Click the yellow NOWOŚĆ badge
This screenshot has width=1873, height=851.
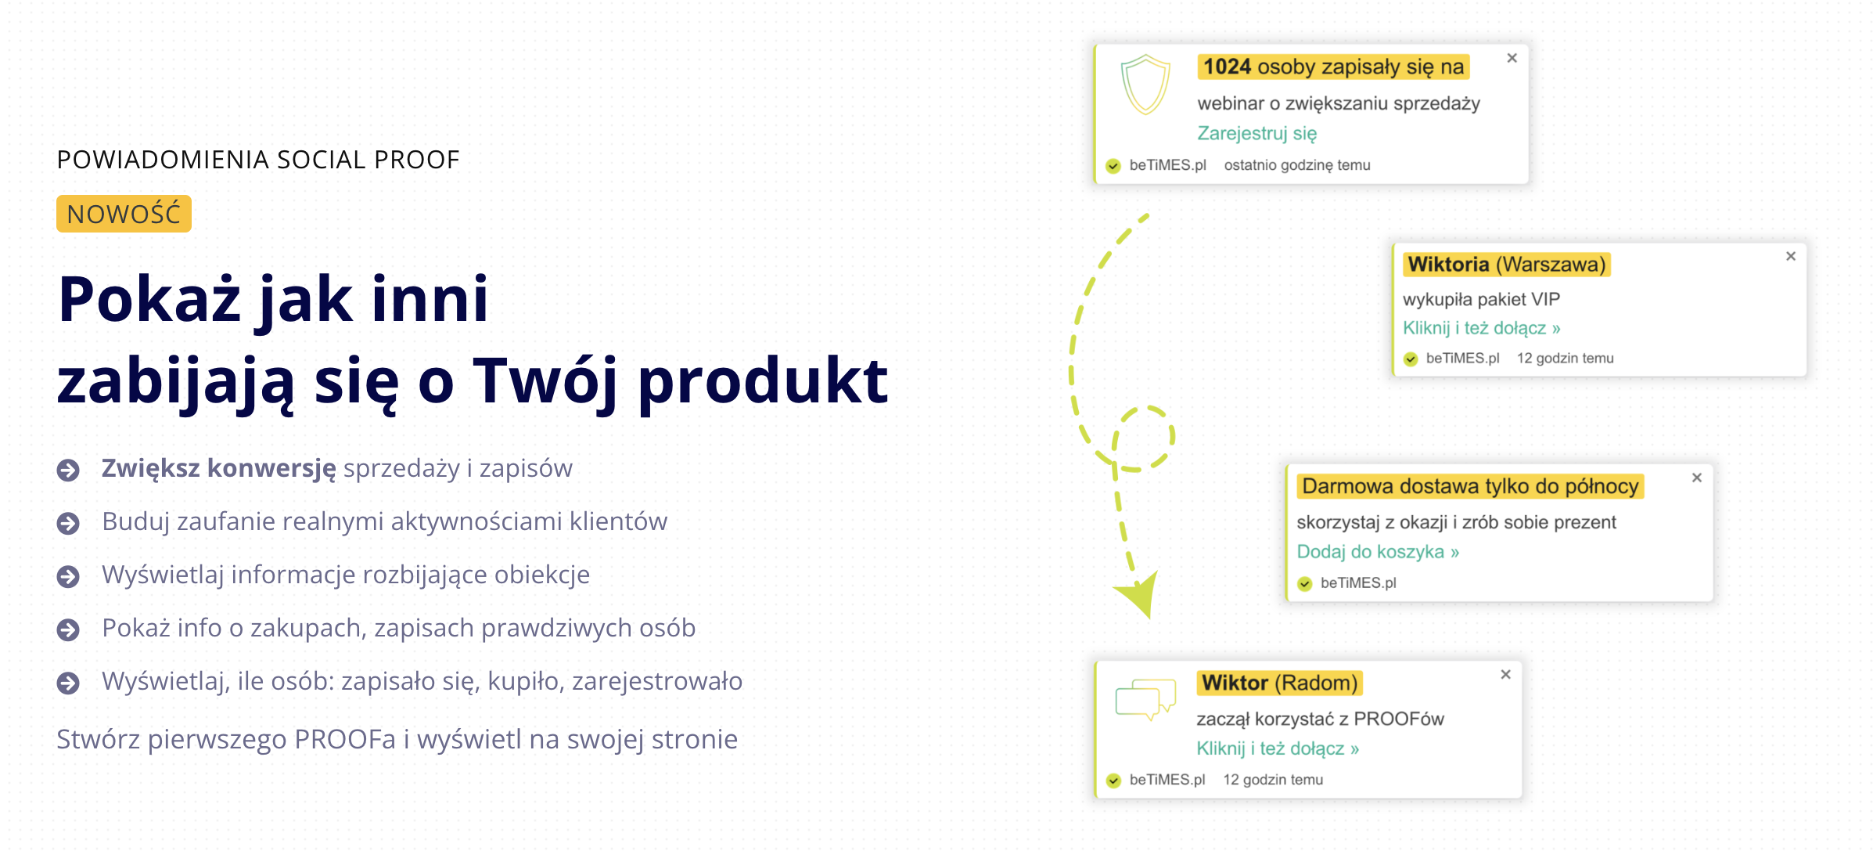[x=124, y=214]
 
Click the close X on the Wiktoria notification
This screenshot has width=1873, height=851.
[x=1790, y=256]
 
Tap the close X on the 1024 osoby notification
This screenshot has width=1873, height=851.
[x=1512, y=58]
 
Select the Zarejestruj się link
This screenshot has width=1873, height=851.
[x=1256, y=134]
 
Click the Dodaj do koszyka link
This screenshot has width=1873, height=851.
[x=1378, y=552]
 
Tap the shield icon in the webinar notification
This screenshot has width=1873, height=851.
[x=1145, y=85]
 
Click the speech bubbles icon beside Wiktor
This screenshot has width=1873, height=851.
[x=1145, y=699]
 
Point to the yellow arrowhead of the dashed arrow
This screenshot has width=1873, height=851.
[x=1138, y=595]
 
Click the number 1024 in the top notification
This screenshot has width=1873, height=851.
[x=1227, y=67]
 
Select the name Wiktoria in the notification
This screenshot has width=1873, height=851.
[x=1448, y=265]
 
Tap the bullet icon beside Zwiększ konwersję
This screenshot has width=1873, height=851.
[x=68, y=470]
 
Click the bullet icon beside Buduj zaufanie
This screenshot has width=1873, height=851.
[x=68, y=523]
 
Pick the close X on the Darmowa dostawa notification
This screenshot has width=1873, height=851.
[x=1696, y=478]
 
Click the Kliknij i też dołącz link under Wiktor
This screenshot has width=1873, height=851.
[x=1278, y=748]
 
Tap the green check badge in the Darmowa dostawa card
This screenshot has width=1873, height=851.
[x=1304, y=583]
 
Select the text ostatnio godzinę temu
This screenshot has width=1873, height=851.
[x=1297, y=165]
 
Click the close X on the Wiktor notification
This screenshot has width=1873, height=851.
[x=1505, y=674]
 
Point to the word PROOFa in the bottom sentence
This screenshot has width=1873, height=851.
[x=345, y=739]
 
